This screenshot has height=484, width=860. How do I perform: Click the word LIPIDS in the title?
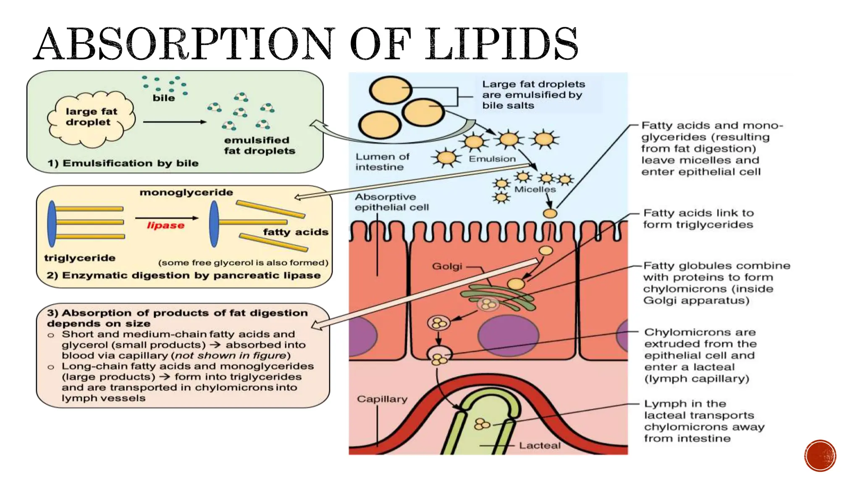point(501,44)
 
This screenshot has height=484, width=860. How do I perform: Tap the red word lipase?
point(165,226)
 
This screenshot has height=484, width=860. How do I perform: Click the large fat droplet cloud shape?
point(92,118)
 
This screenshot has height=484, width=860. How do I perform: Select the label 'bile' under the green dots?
point(164,98)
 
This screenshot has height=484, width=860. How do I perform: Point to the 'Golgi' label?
point(447,266)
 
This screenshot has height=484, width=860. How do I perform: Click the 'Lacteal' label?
point(540,445)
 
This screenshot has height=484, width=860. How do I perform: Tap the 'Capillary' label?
point(382,399)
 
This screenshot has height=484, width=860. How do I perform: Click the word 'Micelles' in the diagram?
point(535,189)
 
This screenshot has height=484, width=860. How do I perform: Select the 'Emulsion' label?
point(492,159)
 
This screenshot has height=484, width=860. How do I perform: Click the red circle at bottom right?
point(820,456)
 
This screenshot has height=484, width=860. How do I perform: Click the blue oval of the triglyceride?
point(52,224)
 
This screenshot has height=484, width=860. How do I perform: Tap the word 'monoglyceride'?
point(186,192)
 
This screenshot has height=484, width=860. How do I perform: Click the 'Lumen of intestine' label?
point(382,162)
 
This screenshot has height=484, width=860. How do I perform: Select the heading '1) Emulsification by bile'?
point(123,163)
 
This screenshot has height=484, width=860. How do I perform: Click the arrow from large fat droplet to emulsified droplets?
point(174,122)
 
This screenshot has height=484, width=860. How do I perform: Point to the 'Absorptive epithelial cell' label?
point(391,202)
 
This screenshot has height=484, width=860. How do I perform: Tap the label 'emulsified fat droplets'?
point(259,145)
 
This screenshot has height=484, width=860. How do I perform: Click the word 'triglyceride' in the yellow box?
point(80,258)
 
